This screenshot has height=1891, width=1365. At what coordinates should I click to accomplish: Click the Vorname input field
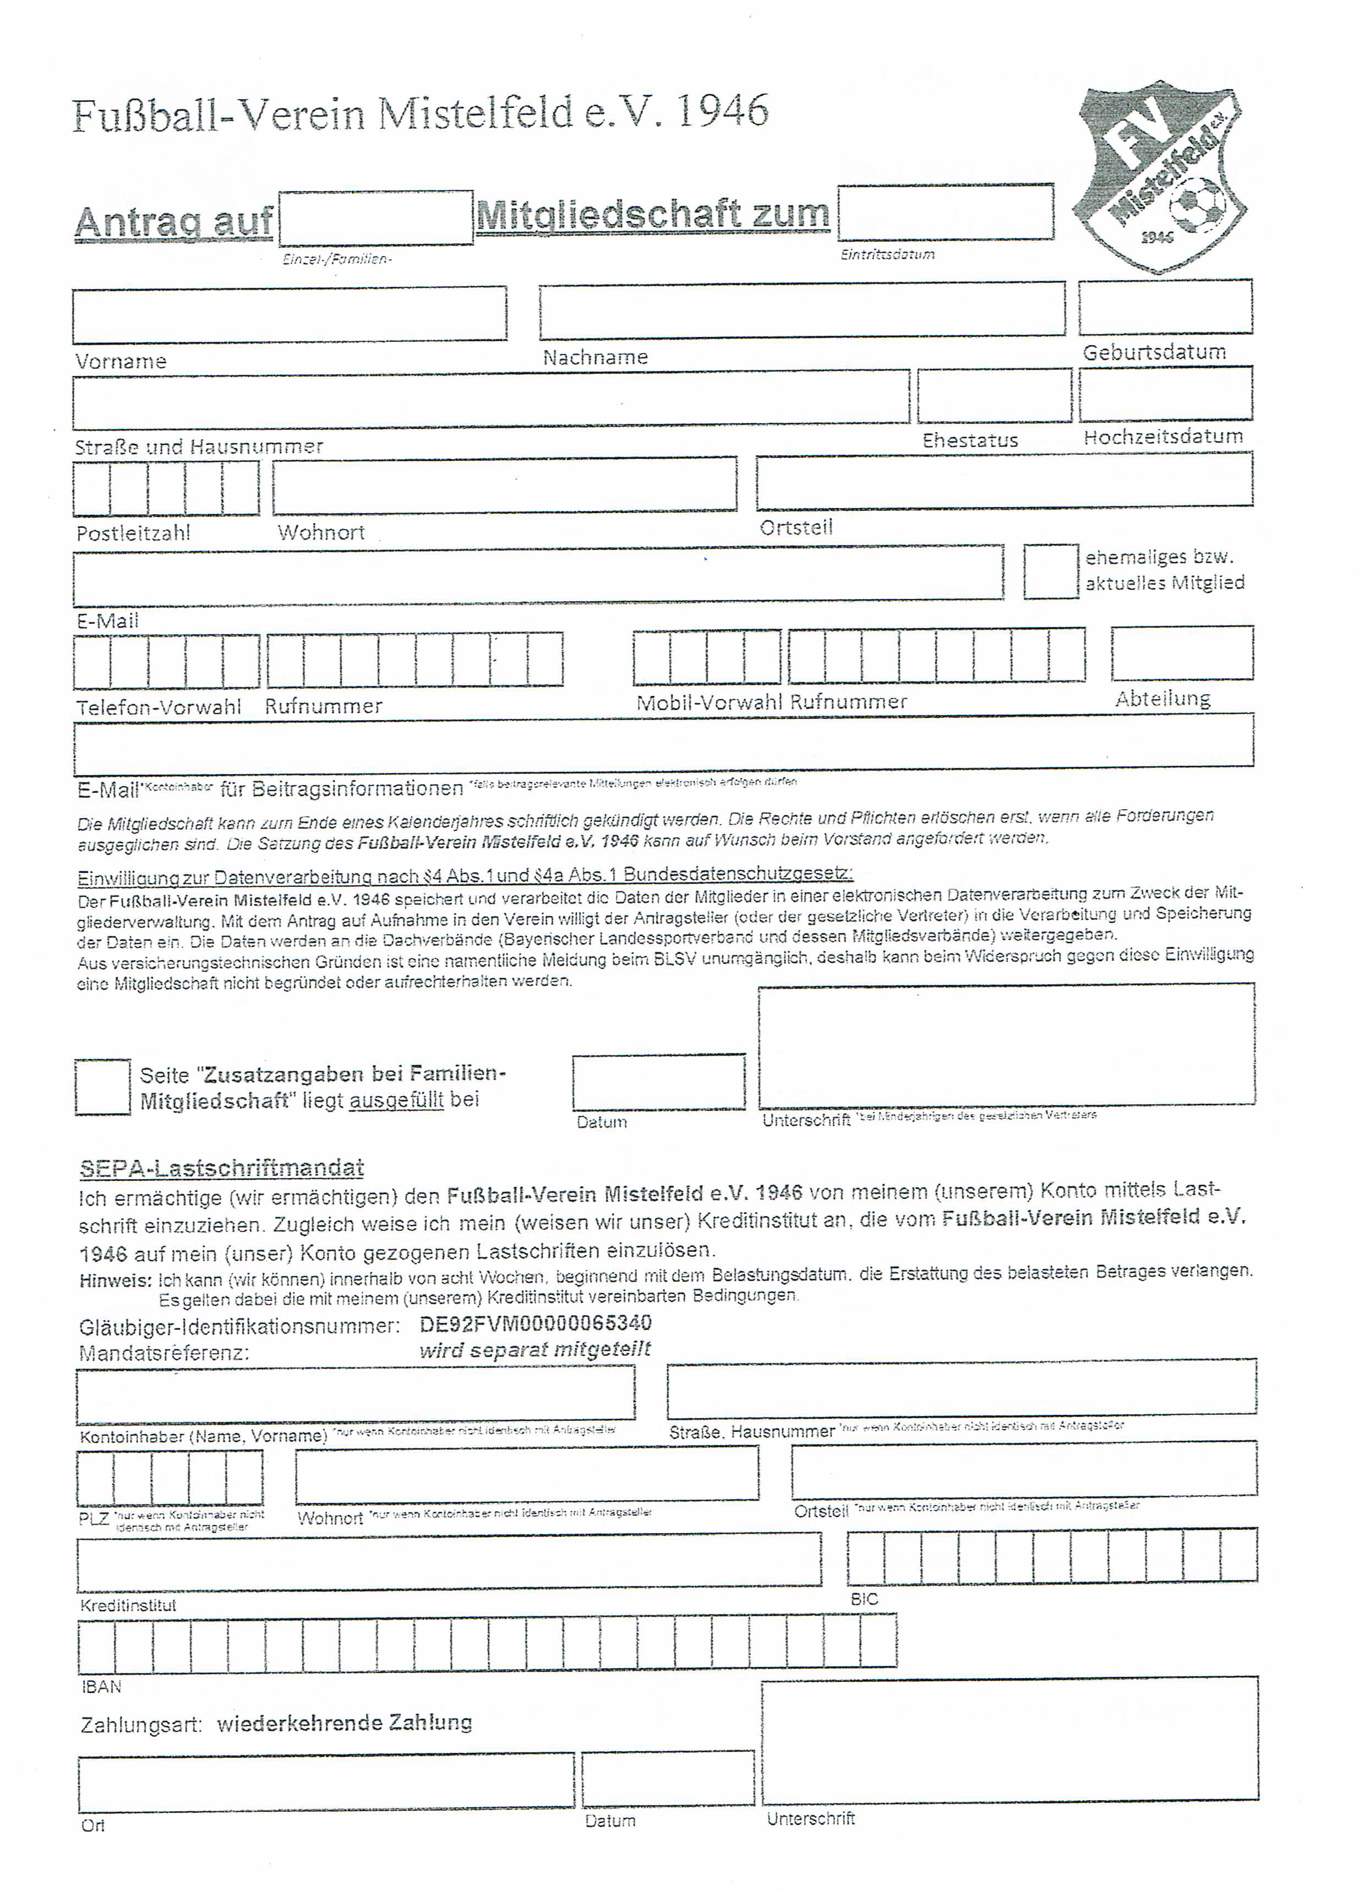(290, 314)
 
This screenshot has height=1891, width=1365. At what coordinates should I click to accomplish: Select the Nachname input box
(801, 310)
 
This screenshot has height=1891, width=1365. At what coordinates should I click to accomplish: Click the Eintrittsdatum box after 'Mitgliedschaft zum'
(944, 212)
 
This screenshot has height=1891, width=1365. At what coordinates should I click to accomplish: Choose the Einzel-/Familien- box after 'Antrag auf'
(376, 219)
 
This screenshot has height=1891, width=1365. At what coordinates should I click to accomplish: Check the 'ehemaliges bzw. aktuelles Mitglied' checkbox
(1050, 571)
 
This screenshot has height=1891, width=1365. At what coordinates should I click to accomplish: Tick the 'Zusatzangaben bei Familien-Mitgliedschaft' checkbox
(102, 1086)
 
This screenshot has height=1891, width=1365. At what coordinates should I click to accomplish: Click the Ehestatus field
(994, 396)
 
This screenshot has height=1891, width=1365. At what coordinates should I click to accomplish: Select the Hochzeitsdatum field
(1165, 394)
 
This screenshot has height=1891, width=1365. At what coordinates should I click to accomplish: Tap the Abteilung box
(1182, 653)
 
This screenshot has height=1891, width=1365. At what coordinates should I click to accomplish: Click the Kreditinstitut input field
(449, 1561)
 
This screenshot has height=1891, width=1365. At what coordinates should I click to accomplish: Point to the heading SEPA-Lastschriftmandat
(222, 1168)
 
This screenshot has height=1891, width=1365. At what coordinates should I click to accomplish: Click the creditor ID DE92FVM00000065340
(536, 1323)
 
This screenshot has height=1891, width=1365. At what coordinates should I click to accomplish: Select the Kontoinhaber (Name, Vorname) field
(355, 1396)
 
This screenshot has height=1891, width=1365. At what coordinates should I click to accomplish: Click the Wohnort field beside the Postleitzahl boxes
(505, 484)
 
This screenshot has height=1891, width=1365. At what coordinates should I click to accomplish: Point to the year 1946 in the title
(722, 111)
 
